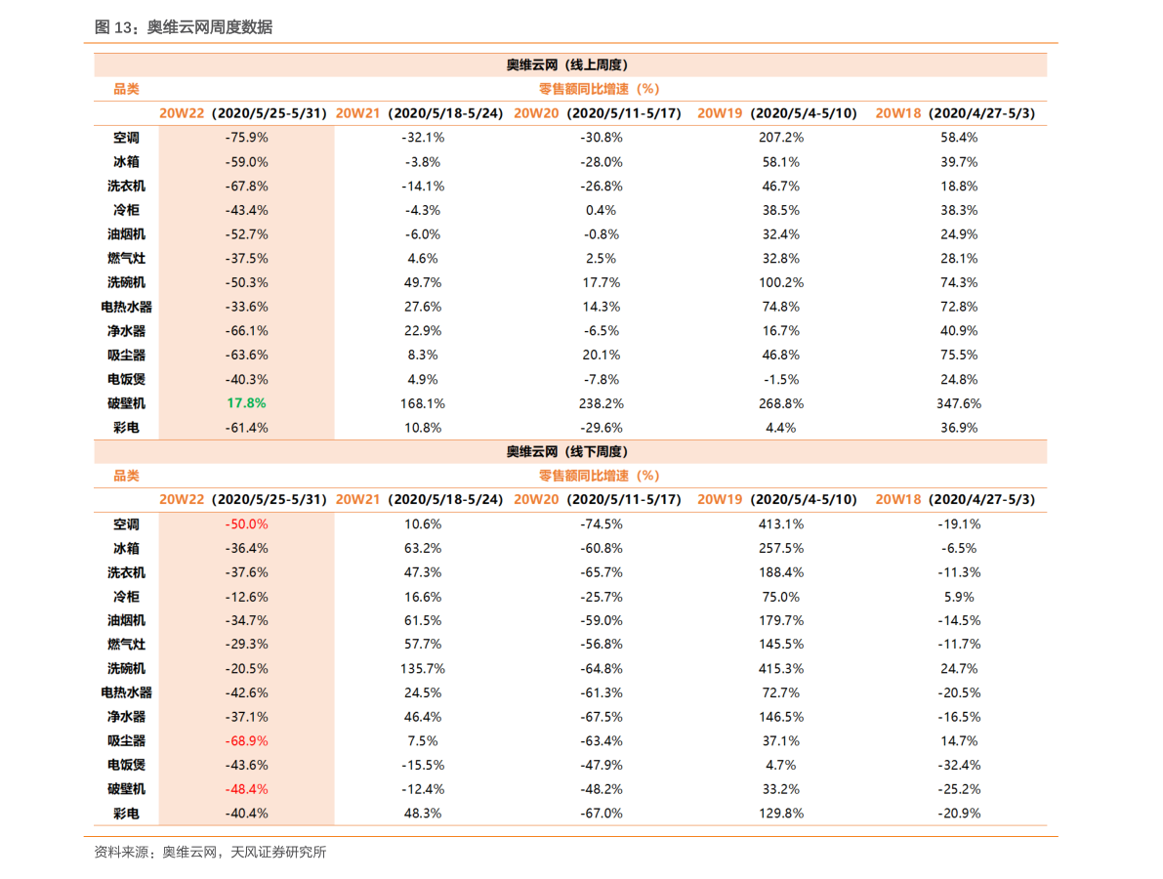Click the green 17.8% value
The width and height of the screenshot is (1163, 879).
(x=246, y=403)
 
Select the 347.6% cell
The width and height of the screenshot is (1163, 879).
(x=958, y=403)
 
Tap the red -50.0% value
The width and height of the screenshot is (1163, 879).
(x=246, y=524)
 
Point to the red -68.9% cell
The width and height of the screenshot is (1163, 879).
(x=246, y=741)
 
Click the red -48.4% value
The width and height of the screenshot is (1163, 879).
(x=246, y=789)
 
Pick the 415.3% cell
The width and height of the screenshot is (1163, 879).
(x=780, y=669)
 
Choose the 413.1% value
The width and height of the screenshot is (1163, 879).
(x=780, y=524)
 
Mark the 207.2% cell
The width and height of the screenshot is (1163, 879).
(x=780, y=138)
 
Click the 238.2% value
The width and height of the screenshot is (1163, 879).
(x=601, y=403)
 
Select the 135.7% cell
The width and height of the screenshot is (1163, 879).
(x=422, y=669)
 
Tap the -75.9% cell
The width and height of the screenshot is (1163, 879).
(x=246, y=138)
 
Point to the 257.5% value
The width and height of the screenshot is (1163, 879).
(x=780, y=549)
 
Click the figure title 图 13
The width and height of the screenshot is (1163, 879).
(x=183, y=27)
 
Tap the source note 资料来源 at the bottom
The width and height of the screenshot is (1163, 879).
(x=210, y=853)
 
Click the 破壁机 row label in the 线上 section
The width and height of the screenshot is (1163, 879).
(x=126, y=403)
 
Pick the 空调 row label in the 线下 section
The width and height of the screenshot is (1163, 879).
(x=126, y=524)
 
